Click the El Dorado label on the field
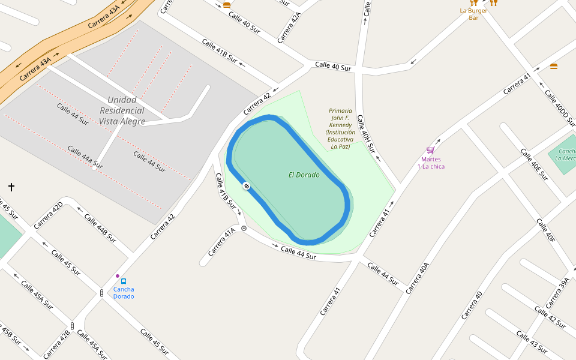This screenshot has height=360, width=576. [x=304, y=175]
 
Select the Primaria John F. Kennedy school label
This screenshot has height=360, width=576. [x=339, y=128]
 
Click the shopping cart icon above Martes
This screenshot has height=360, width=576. [x=430, y=150]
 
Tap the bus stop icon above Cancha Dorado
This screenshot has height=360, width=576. [x=124, y=281]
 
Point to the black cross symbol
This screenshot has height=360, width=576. [x=11, y=187]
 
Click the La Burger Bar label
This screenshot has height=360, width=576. [x=473, y=14]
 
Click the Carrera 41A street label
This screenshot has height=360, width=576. [x=221, y=242]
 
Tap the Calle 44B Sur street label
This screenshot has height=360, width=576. [x=100, y=227]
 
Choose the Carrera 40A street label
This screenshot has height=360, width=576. [x=418, y=278]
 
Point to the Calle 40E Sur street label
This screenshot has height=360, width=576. [x=534, y=164]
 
